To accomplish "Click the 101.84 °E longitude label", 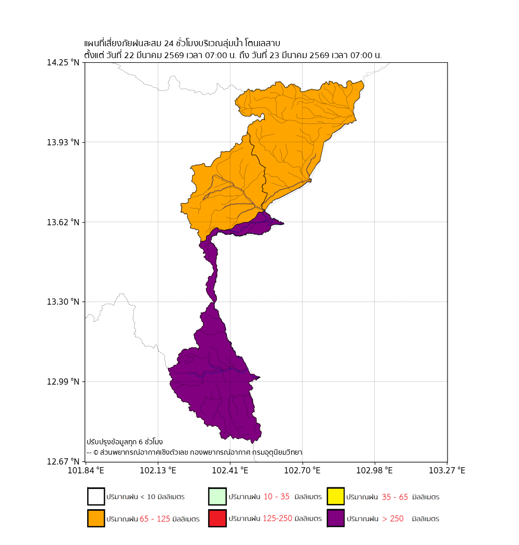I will coord(85,471).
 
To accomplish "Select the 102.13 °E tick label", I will coord(157,471).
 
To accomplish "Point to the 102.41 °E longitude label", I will coord(229,471).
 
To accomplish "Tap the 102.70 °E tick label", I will coord(302,471).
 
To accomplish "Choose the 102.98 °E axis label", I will coord(374,471).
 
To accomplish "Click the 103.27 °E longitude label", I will coord(447,471).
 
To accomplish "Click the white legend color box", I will coord(96,497).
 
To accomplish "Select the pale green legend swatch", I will coord(217,497).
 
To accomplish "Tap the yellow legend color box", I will coord(336,497).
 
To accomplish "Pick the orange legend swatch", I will coord(96,519).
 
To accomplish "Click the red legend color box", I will coord(217,519).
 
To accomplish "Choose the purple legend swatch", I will coord(336,519).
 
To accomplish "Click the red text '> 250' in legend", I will coord(393,519).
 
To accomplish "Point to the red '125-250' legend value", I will coord(277,519).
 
